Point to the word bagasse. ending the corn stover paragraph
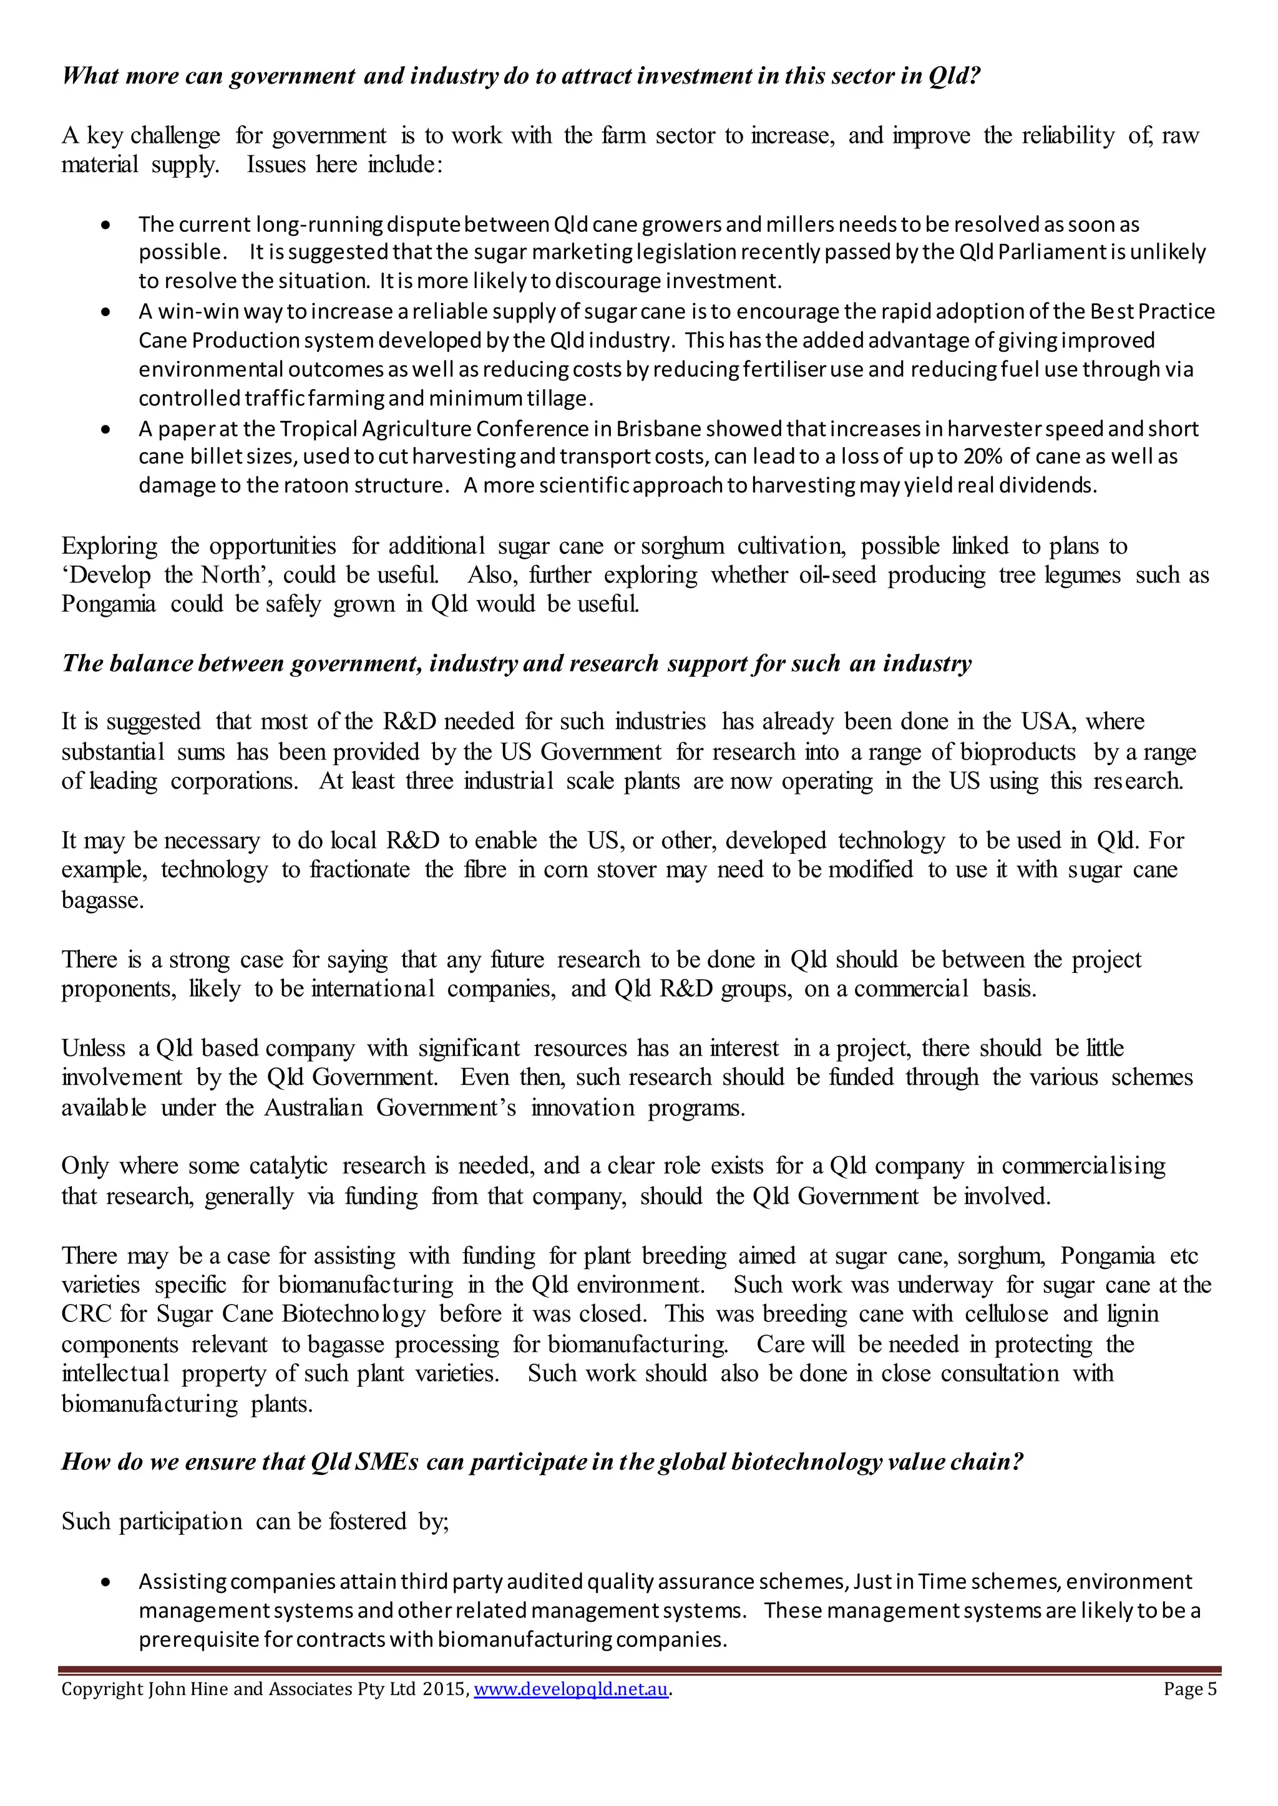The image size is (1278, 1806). (x=102, y=900)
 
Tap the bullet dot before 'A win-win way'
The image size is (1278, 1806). (x=106, y=312)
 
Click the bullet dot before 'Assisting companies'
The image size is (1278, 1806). (x=106, y=1583)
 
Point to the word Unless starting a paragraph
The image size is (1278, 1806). (x=93, y=1048)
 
